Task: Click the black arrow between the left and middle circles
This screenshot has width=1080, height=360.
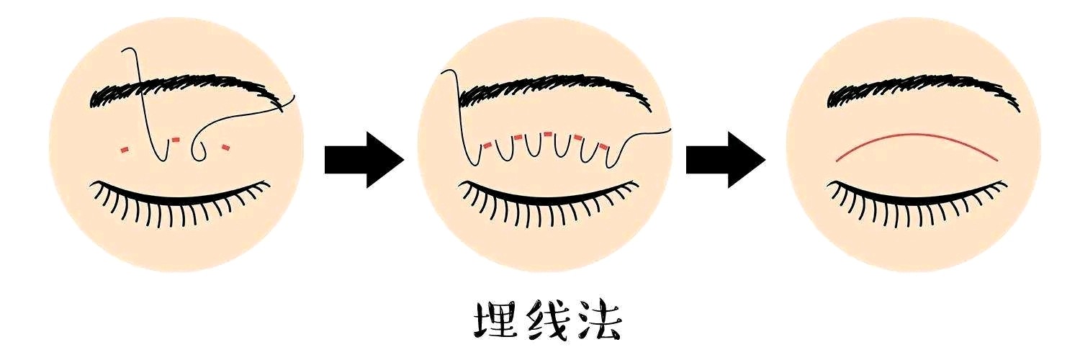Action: [x=364, y=159]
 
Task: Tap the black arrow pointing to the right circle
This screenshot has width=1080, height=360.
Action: [x=726, y=159]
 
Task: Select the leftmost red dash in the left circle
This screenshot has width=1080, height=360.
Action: [x=125, y=150]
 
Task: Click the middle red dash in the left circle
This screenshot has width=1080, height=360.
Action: [x=176, y=140]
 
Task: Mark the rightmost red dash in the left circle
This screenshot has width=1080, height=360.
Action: [x=225, y=147]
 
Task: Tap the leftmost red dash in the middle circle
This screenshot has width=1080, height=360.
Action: [x=487, y=145]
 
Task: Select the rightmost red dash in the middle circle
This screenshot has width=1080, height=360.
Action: [x=603, y=145]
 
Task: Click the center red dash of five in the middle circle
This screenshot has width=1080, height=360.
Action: [x=548, y=134]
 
